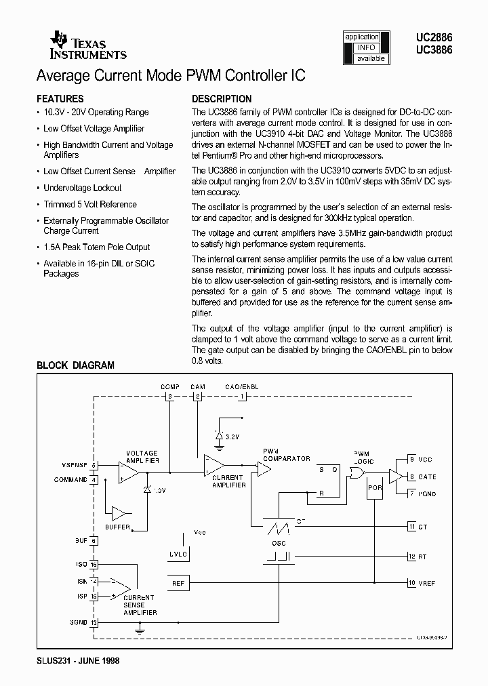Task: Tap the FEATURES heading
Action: [60, 99]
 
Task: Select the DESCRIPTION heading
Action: [222, 99]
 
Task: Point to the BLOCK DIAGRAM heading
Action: [75, 365]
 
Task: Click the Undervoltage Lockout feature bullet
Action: [83, 188]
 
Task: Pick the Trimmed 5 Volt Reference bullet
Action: [90, 204]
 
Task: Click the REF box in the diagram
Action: [178, 582]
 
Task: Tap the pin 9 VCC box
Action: [411, 459]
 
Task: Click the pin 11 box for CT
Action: [411, 526]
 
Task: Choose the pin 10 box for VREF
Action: [411, 582]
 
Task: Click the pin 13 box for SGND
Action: [94, 622]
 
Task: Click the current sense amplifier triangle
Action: [121, 585]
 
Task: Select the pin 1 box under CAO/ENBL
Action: [242, 397]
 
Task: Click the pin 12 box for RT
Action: [411, 557]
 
